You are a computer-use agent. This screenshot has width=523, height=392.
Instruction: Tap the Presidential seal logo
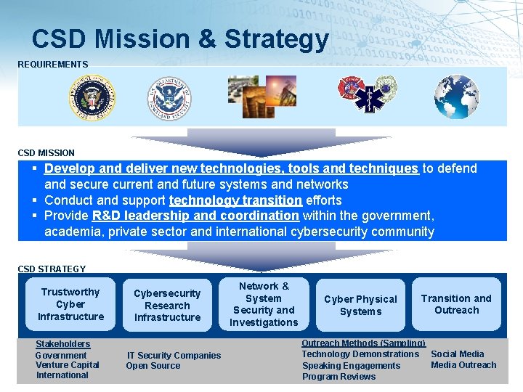[x=92, y=98]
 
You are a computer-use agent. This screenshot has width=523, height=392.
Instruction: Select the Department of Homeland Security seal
[x=169, y=98]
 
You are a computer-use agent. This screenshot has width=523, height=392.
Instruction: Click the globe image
[x=456, y=97]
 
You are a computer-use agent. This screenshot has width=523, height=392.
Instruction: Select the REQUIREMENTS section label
[x=53, y=65]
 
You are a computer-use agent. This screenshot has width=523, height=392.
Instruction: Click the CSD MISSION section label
[x=46, y=153]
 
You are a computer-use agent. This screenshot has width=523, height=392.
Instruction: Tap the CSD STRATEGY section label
[x=52, y=269]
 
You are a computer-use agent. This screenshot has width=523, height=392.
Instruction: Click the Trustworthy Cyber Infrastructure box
[x=70, y=304]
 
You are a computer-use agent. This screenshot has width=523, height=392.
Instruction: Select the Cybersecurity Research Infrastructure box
[x=167, y=306]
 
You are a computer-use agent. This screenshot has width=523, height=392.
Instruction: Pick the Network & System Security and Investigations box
[x=264, y=304]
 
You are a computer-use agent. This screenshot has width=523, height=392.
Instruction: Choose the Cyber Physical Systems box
[x=360, y=306]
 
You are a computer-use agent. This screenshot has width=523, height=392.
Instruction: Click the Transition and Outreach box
[x=456, y=304]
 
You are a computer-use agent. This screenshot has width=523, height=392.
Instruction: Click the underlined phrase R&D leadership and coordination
[x=195, y=216]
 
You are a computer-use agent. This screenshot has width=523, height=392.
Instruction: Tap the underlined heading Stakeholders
[x=63, y=344]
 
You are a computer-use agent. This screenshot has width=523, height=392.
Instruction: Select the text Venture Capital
[x=68, y=365]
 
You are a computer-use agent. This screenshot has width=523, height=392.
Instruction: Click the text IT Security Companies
[x=174, y=356]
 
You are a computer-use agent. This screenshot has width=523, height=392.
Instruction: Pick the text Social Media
[x=458, y=354]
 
